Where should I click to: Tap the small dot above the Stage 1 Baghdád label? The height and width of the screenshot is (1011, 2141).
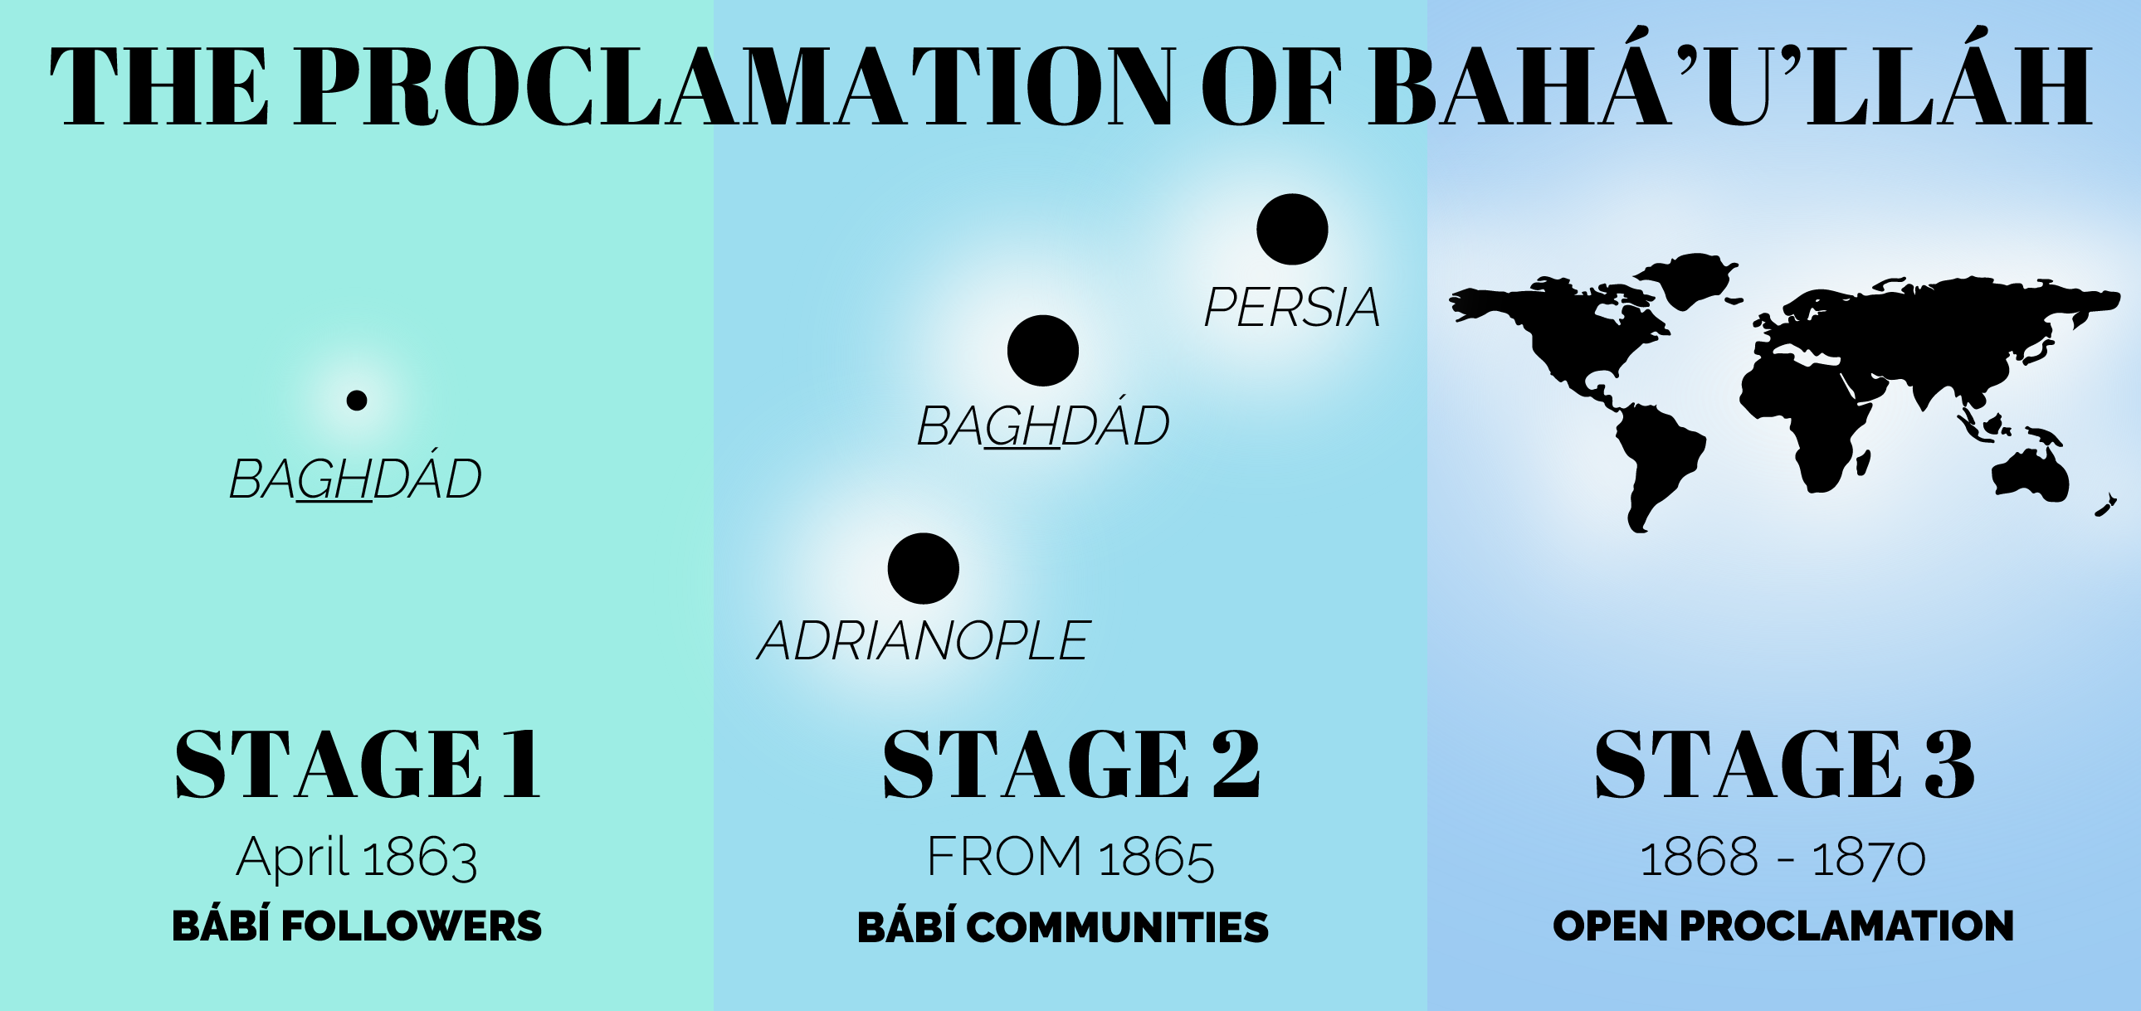(357, 401)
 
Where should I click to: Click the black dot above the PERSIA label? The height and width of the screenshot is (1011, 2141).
(1291, 229)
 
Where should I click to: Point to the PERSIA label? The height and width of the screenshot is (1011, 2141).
(1291, 308)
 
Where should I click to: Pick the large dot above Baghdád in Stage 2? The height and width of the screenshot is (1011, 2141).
(1042, 351)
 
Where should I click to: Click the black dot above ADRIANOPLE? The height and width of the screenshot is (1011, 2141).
(923, 568)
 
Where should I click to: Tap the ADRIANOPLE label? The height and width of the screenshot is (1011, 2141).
(924, 641)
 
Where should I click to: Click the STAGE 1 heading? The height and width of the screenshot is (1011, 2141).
(358, 765)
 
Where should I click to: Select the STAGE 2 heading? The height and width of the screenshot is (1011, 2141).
(1071, 765)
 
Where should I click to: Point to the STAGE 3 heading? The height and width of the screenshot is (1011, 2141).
(1783, 765)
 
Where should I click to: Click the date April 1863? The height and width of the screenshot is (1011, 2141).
(357, 858)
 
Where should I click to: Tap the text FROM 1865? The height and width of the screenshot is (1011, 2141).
(1070, 858)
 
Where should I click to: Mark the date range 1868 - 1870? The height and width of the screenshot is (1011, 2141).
(1783, 858)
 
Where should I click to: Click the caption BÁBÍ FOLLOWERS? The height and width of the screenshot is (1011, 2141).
(357, 926)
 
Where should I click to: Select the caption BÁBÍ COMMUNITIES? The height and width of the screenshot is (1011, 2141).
(1063, 926)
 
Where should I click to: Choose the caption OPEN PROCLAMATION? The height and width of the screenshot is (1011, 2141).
(1783, 926)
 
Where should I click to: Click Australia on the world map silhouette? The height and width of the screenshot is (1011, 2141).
(2030, 476)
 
